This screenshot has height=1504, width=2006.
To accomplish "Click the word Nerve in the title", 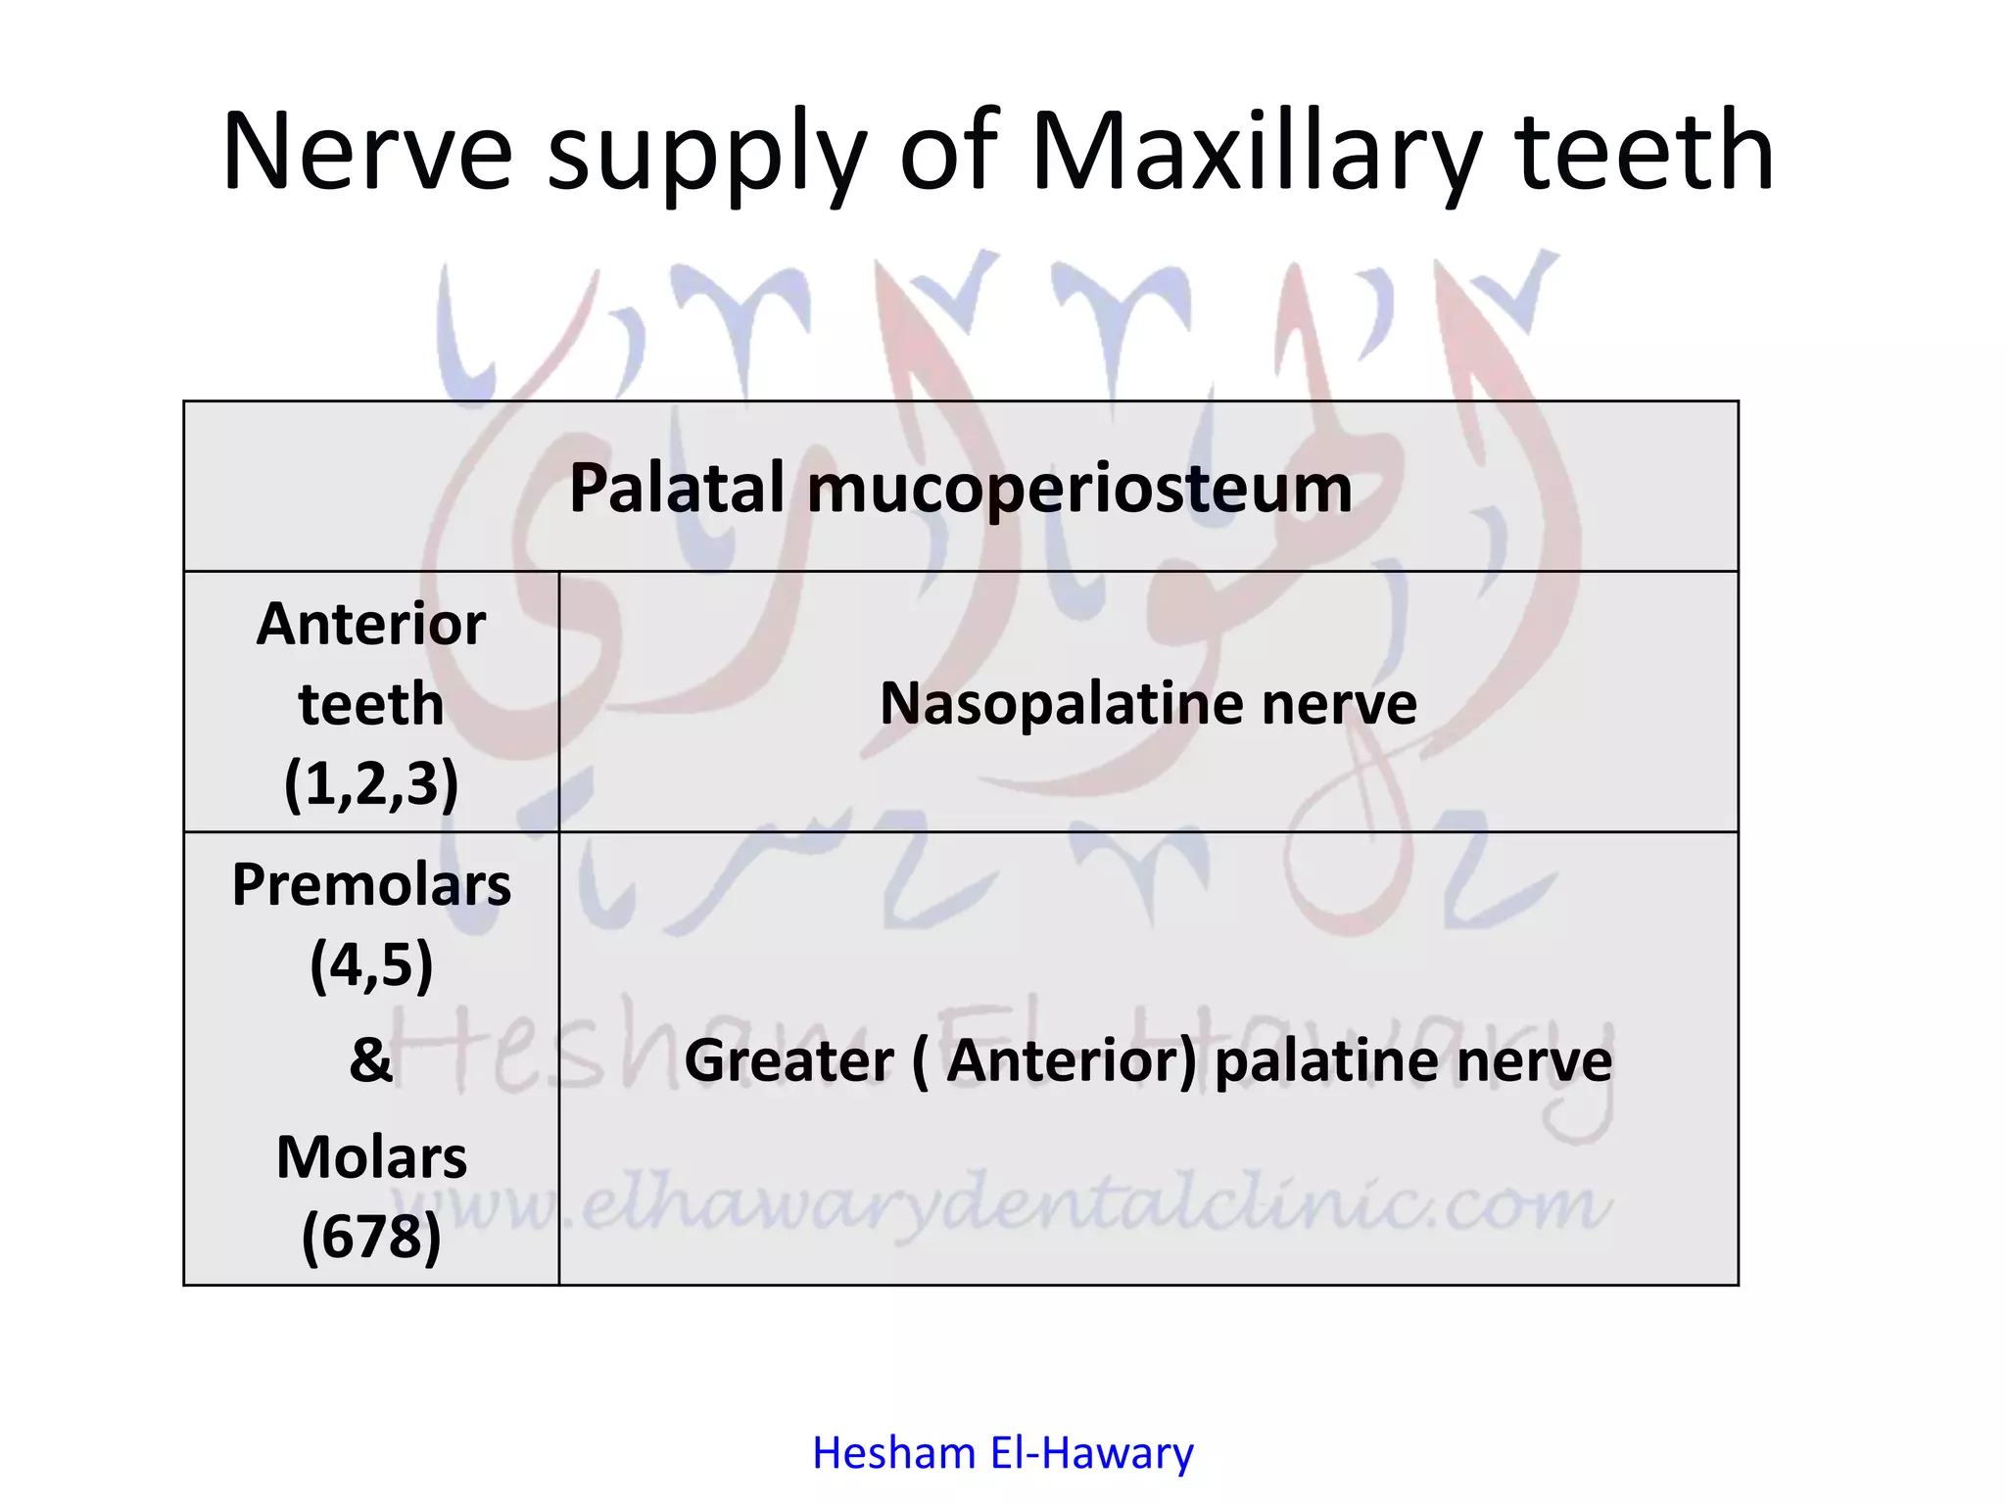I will [x=367, y=152].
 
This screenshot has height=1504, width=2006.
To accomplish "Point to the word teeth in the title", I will [x=1645, y=152].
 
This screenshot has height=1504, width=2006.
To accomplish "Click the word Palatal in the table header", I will [x=677, y=488].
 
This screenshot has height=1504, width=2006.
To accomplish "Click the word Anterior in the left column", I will [x=371, y=624].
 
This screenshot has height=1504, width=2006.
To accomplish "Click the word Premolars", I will [x=371, y=885].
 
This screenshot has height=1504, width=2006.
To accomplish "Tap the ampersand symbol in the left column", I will [x=371, y=1059].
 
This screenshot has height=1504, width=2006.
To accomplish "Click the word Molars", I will [x=371, y=1157].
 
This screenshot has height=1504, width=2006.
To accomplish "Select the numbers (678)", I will [x=371, y=1237].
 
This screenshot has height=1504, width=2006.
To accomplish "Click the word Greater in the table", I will [x=788, y=1060].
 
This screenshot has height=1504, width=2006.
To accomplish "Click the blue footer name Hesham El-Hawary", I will [x=1003, y=1453].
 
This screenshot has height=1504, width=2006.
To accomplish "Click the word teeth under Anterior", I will [x=371, y=704].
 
